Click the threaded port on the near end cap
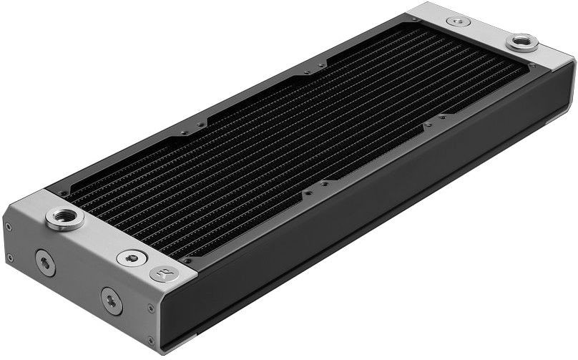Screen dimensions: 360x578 click(x=65, y=217)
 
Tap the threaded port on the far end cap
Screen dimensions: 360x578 click(x=522, y=42)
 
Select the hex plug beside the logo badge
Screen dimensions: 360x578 click(x=131, y=258)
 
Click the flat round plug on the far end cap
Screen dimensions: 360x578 click(x=459, y=21)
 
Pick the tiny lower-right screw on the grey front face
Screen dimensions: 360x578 click(x=150, y=340)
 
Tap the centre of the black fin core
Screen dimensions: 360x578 click(x=300, y=136)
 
